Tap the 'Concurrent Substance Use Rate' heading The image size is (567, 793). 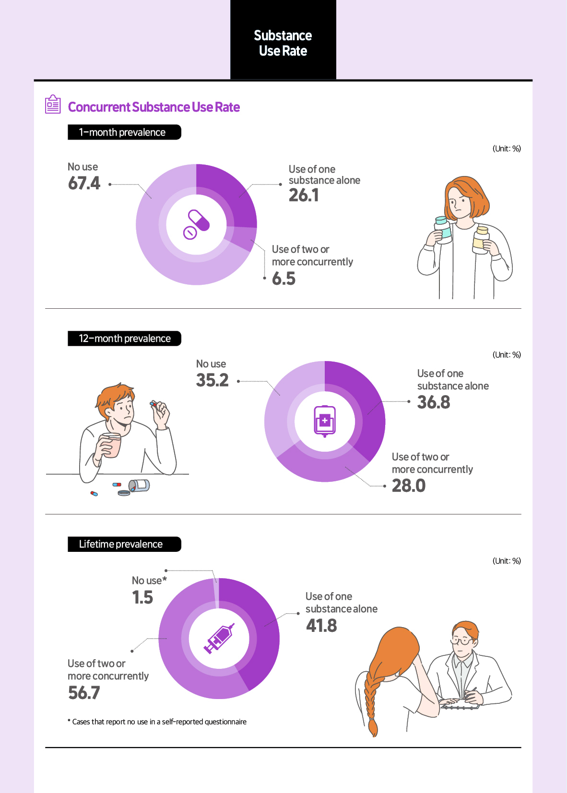[154, 107]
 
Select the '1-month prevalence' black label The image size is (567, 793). [124, 132]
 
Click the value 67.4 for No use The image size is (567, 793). [84, 184]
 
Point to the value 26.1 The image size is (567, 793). [304, 196]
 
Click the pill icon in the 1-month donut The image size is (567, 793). [196, 224]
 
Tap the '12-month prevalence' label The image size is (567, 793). [124, 338]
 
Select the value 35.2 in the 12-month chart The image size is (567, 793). [212, 381]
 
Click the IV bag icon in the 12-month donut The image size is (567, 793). [325, 421]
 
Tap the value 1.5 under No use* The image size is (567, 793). [142, 598]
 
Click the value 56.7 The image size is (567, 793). [84, 693]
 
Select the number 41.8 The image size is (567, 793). [321, 626]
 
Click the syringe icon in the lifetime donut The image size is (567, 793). [219, 639]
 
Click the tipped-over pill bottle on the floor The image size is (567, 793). [139, 486]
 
